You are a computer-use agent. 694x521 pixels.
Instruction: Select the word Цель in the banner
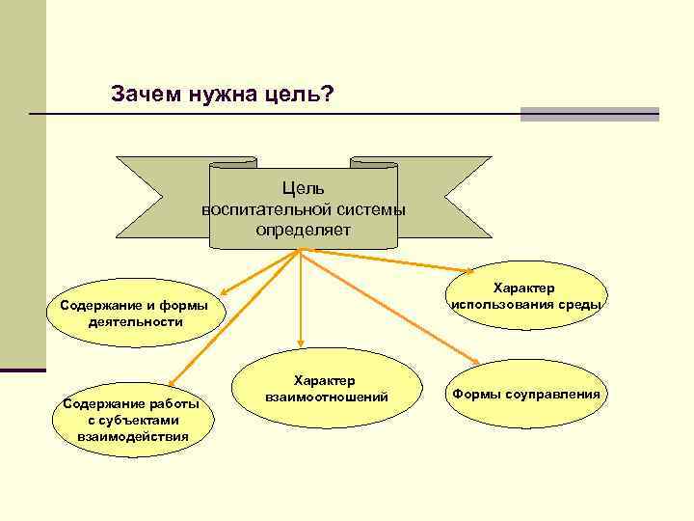pos(304,188)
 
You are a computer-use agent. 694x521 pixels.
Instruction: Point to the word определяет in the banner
pos(304,231)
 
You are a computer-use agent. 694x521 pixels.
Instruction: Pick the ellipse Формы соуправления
pos(526,394)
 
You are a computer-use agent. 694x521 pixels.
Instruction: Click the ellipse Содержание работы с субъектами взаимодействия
pos(133,419)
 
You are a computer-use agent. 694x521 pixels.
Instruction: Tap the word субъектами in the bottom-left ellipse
pos(133,420)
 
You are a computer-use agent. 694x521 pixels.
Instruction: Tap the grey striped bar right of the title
pos(589,114)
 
